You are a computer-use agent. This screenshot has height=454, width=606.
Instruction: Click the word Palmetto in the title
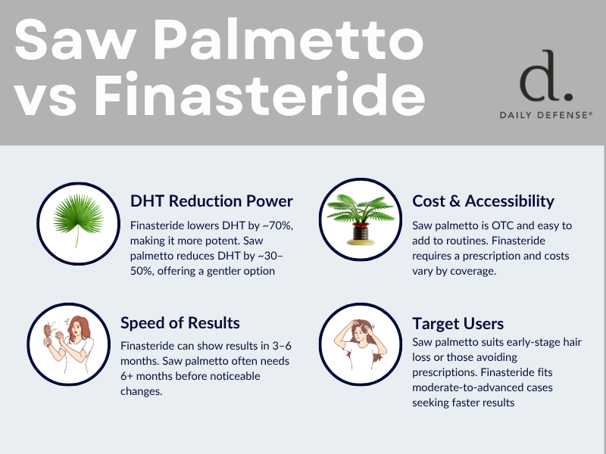[291, 39]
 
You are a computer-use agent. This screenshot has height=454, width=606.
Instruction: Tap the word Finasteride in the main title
[259, 94]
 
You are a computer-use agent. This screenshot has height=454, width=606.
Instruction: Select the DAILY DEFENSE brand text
[545, 115]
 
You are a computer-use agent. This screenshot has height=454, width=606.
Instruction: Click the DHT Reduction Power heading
[211, 201]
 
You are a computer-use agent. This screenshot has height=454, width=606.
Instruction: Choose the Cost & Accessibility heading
[483, 201]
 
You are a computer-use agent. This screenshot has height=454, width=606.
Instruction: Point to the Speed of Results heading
[180, 323]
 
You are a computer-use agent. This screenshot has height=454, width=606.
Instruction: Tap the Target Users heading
[458, 324]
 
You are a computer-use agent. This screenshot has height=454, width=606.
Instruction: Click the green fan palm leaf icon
[79, 219]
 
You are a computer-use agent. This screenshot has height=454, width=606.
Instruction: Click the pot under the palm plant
[361, 234]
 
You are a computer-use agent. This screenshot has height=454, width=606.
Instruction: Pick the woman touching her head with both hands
[361, 344]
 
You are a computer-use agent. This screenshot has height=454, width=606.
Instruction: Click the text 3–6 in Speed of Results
[282, 346]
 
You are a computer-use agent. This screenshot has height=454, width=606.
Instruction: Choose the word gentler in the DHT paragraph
[226, 271]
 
